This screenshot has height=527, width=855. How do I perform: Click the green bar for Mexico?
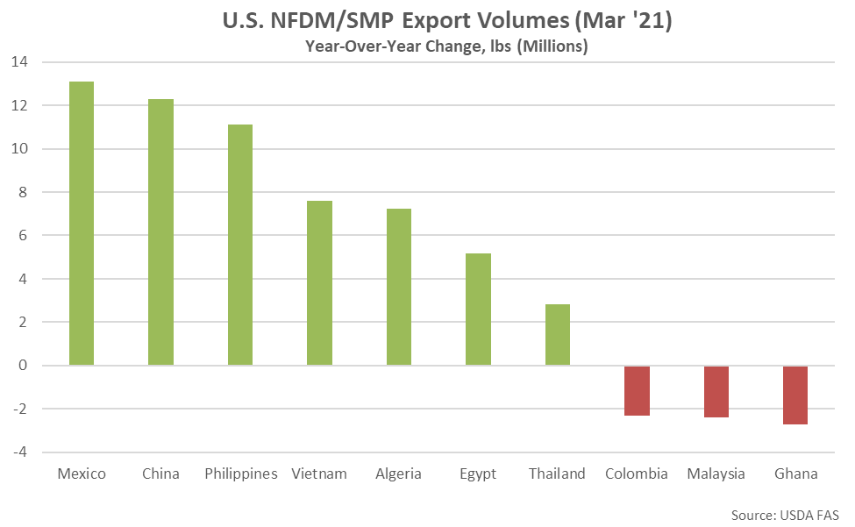(82, 224)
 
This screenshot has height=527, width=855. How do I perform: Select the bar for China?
(160, 232)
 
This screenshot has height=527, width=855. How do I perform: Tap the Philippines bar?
(240, 245)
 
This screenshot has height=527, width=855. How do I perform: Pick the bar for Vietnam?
(319, 283)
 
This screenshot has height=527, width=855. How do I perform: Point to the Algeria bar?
(399, 287)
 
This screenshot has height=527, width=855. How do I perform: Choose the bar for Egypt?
(478, 309)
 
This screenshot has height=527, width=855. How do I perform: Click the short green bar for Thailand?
(557, 335)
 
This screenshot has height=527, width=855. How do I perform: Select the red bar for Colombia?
(637, 391)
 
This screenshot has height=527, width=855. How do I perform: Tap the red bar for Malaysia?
(716, 392)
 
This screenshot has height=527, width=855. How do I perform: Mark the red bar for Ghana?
(795, 395)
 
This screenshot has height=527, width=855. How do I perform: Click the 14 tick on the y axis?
(19, 61)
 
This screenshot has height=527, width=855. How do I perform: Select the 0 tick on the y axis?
(22, 365)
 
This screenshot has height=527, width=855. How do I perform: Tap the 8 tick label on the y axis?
(22, 192)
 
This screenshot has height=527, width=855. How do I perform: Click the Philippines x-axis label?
(241, 474)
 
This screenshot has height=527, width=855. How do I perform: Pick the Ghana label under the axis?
(796, 474)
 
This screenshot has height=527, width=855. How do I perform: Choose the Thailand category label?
(557, 474)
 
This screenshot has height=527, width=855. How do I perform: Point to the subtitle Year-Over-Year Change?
(394, 46)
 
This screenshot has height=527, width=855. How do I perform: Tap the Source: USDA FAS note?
(785, 515)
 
